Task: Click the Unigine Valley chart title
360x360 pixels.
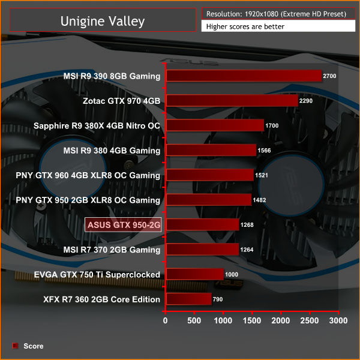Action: (x=102, y=22)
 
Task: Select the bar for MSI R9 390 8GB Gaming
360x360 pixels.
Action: (x=244, y=76)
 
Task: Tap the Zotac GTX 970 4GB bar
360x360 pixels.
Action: (x=232, y=100)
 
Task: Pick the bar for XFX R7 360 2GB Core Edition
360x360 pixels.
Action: (x=189, y=299)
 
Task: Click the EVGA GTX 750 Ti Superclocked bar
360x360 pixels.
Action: (x=195, y=274)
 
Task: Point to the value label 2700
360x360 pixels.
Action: (x=331, y=76)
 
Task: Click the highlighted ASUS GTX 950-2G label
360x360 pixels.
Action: (x=124, y=225)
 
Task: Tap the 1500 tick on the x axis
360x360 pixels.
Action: (x=252, y=320)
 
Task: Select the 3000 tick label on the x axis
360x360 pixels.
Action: (x=338, y=320)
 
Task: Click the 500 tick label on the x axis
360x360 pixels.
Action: (x=194, y=320)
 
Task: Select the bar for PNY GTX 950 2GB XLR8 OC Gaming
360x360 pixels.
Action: (x=209, y=200)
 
